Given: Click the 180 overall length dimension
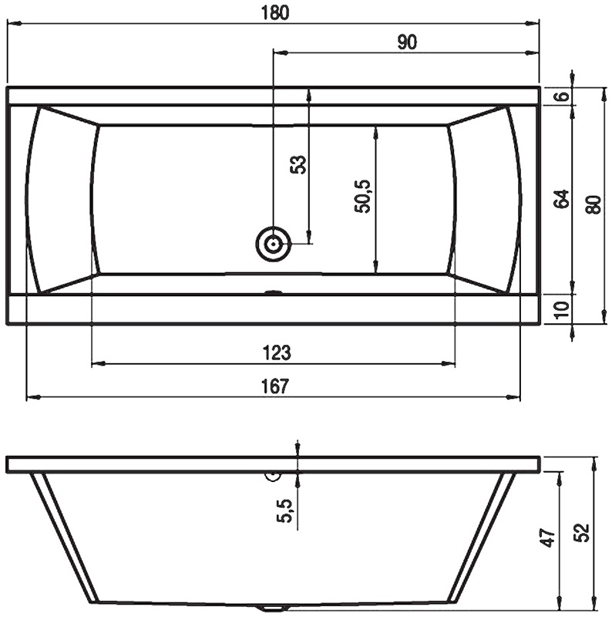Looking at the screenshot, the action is point(275,12).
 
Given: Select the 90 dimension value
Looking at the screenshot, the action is point(407,42).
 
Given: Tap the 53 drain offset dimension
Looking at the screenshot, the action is point(298,165).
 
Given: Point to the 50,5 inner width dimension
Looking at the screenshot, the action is point(362,197).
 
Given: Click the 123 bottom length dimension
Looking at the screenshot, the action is point(277,352).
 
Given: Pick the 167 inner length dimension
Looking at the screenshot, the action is point(275,386).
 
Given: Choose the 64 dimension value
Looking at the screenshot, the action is point(561,199).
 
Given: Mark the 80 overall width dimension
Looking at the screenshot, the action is point(594,204).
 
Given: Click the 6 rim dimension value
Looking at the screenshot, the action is point(563,96).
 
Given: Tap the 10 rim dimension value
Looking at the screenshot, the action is point(563,309).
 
